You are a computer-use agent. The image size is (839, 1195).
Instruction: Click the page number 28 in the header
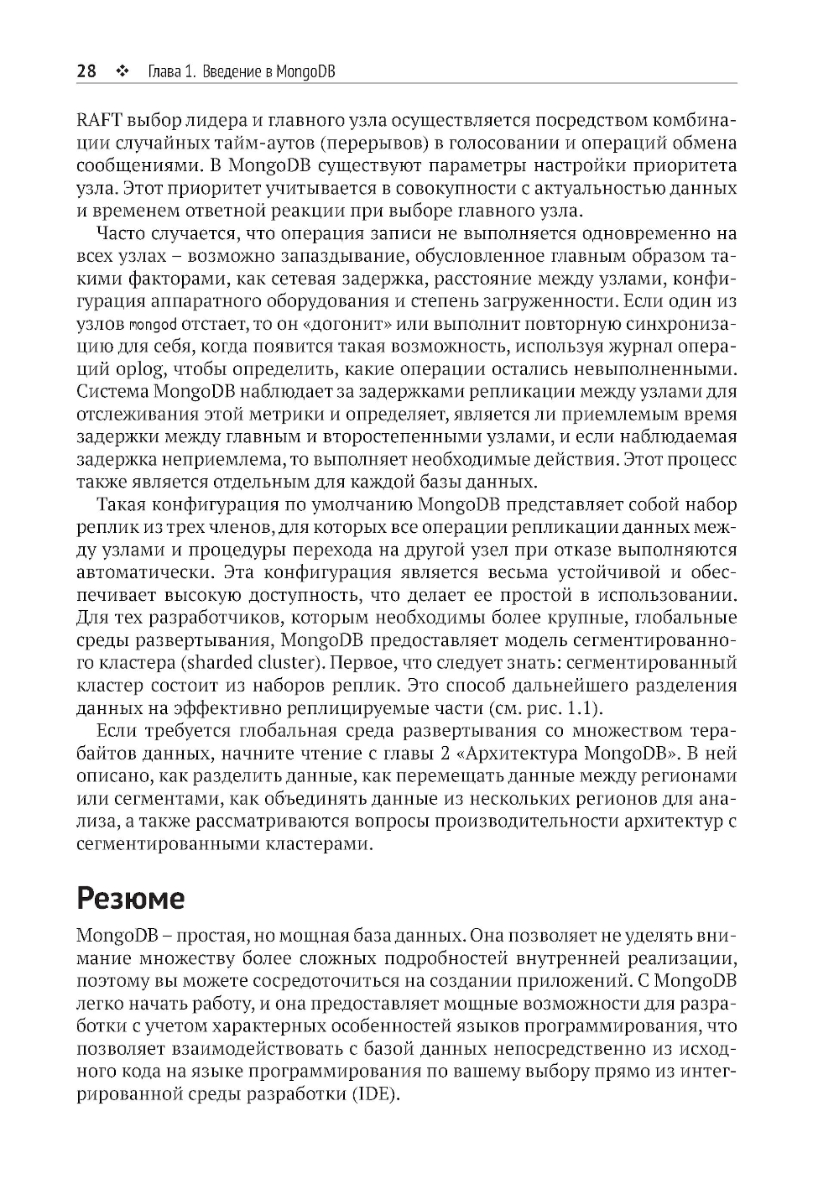pyautogui.click(x=86, y=71)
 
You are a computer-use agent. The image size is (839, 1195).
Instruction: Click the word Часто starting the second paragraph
pyautogui.click(x=122, y=233)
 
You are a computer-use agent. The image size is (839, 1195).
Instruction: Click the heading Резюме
pyautogui.click(x=130, y=899)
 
